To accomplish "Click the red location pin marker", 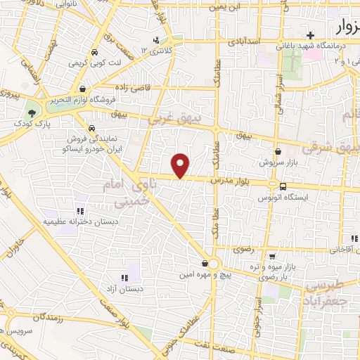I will tap(181, 165).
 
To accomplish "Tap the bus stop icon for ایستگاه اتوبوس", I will tap(283, 186).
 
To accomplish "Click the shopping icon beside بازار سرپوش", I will tap(278, 151).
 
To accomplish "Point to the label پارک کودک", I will tap(30, 123).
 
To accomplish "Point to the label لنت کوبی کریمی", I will tap(93, 63).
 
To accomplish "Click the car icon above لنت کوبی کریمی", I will tap(94, 52).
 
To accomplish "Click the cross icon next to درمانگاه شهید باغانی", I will tap(310, 35).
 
